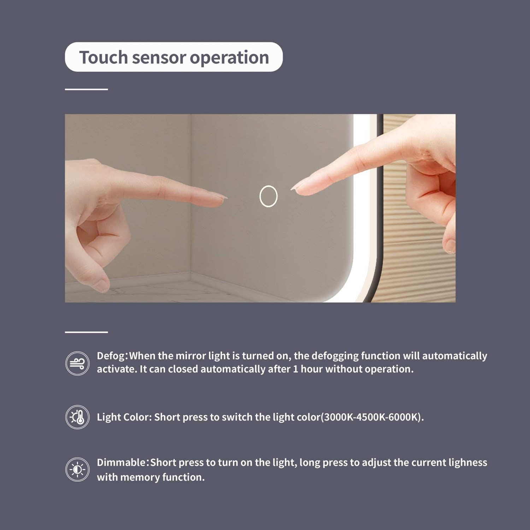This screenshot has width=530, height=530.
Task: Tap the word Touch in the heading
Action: point(104,57)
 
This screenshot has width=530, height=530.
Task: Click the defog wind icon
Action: point(77,363)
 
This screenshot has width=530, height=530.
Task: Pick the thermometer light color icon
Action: point(77,417)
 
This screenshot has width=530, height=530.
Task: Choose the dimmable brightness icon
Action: point(77,470)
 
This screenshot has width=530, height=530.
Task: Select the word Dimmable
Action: point(121,463)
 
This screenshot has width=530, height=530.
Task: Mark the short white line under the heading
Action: point(86,89)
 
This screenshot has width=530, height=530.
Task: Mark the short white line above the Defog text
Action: point(86,332)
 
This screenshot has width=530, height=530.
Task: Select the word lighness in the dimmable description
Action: point(468,463)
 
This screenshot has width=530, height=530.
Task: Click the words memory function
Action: point(162,477)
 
